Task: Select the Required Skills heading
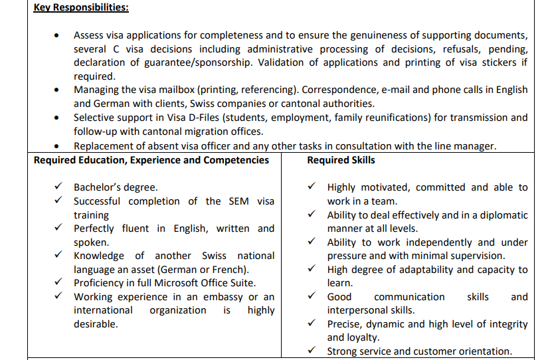point(341,160)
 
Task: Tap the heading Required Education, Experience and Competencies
point(151,160)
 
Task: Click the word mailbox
point(175,90)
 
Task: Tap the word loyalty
point(364,337)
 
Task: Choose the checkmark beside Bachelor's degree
point(59,187)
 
